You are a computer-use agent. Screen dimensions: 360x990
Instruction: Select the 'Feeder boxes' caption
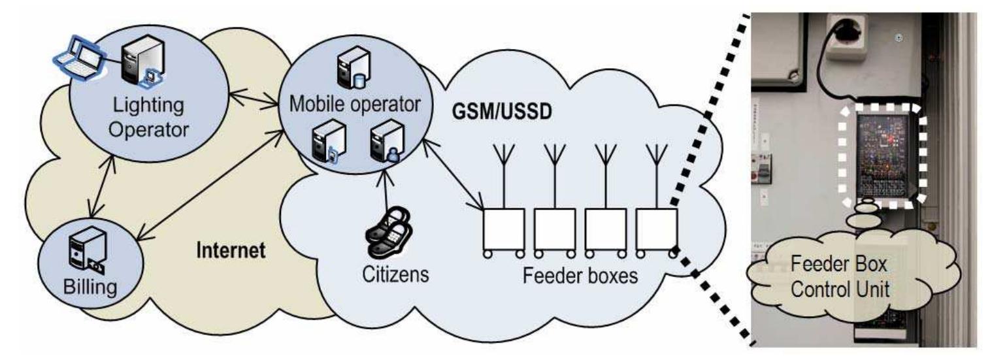(x=580, y=275)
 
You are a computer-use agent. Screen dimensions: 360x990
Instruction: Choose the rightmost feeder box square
(x=656, y=228)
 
